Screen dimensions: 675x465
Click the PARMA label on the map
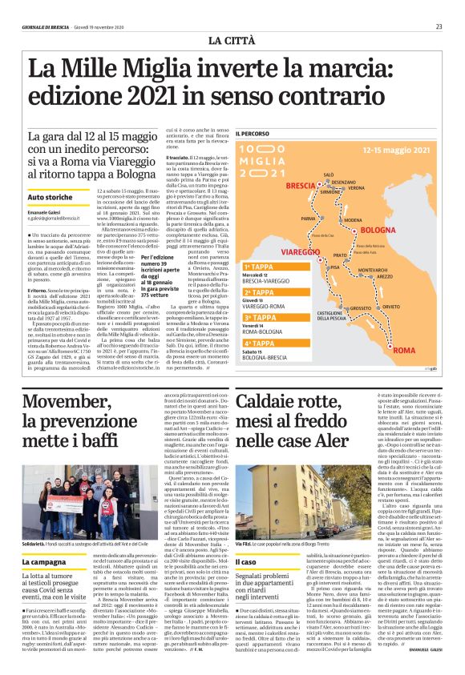[x=309, y=218]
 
